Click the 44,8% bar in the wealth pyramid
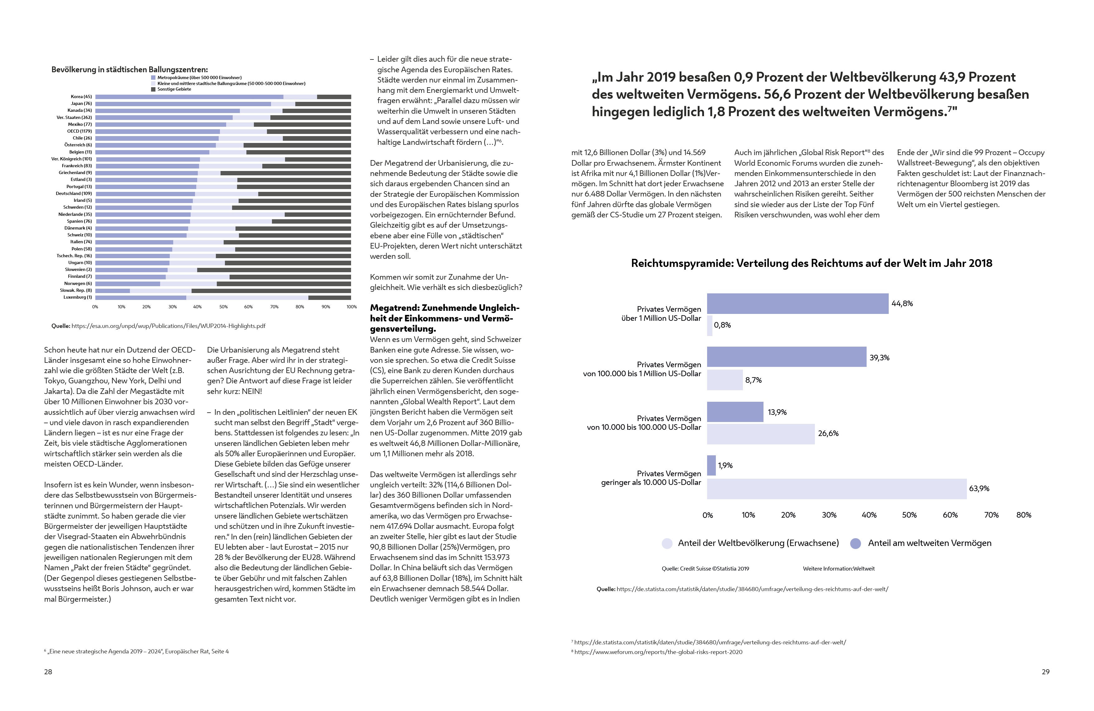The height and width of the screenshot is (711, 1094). (797, 304)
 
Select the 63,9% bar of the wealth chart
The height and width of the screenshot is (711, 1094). (837, 489)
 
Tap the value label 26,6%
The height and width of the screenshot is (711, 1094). (828, 434)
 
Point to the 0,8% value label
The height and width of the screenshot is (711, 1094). (722, 325)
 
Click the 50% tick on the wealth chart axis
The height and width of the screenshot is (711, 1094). (909, 515)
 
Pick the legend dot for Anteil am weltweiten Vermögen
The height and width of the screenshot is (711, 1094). (855, 543)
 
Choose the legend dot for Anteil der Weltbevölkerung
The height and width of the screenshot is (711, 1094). (667, 543)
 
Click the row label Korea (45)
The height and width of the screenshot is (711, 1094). (81, 97)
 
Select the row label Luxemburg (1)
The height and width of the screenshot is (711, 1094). (78, 297)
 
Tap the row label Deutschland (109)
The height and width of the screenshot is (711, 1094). (74, 193)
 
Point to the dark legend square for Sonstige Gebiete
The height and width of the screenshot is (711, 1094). (154, 89)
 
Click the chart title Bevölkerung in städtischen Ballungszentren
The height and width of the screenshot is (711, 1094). (130, 70)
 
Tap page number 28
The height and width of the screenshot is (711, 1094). (48, 671)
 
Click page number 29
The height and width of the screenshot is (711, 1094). (1045, 671)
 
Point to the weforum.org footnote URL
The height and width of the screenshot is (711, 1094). (658, 652)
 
